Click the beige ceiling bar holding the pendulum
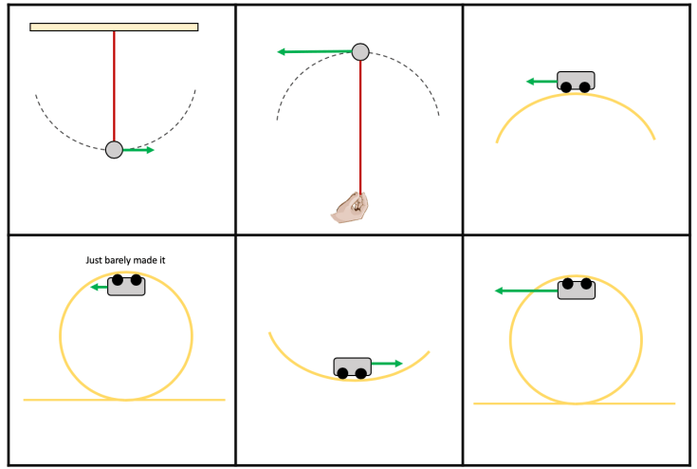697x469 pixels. click(x=114, y=27)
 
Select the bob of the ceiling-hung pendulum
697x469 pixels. click(x=114, y=150)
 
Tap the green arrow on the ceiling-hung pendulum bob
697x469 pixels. click(x=139, y=150)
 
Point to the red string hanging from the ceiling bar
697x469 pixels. click(x=114, y=85)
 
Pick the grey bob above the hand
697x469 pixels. click(x=360, y=51)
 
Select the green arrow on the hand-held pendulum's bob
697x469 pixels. click(x=313, y=52)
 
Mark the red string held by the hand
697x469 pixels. click(x=360, y=123)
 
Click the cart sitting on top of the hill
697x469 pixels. click(x=576, y=81)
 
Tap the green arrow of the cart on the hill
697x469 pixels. click(x=541, y=82)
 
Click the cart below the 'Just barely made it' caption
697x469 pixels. click(x=126, y=285)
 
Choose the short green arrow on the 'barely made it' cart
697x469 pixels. click(x=99, y=286)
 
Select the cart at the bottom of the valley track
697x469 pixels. click(x=352, y=366)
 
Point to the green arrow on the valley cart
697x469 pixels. click(x=386, y=364)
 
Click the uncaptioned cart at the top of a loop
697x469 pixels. click(x=577, y=289)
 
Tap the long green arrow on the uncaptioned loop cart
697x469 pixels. click(x=526, y=291)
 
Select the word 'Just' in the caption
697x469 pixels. click(x=94, y=259)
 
